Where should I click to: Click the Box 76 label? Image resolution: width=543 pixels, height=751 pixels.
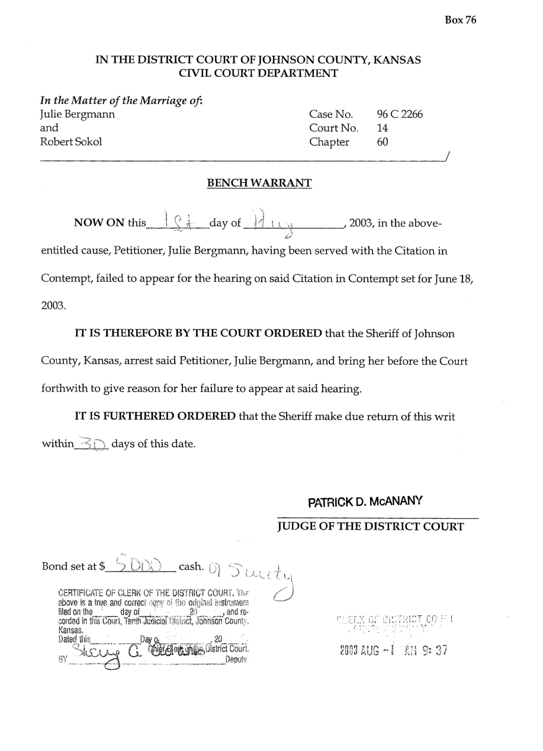coord(460,20)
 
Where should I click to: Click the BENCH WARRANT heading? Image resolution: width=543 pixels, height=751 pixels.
coord(259,183)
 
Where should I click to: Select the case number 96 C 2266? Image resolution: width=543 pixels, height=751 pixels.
coord(400,114)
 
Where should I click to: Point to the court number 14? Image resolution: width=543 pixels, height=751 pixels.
coord(383,128)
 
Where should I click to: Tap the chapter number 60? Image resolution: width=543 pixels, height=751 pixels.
coord(383,142)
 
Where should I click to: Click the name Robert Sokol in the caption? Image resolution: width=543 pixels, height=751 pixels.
coord(70,142)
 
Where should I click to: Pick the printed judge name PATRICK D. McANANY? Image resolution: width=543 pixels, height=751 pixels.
coord(365,502)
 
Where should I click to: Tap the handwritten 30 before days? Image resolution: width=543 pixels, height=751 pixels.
coord(92,443)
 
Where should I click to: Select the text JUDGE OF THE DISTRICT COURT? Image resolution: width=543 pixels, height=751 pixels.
coord(370,527)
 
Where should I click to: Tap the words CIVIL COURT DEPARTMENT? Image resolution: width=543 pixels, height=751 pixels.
coord(258,73)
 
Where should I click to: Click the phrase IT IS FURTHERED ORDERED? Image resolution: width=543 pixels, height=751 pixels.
coord(155,416)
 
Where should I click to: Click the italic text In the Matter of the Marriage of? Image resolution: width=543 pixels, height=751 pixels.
coord(121,100)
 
